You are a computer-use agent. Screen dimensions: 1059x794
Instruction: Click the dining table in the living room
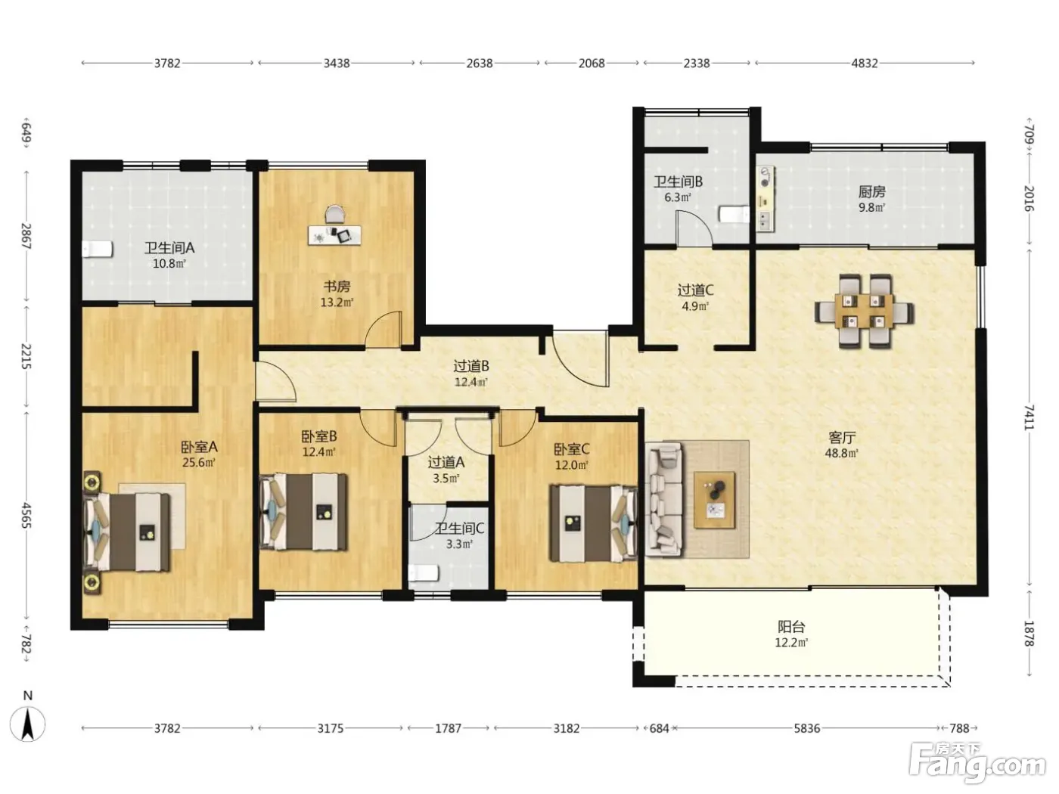864,311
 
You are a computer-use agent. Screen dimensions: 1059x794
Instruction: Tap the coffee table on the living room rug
715,500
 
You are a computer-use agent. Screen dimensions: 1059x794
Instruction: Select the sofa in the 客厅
665,500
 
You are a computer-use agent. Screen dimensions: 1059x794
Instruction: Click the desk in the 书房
334,234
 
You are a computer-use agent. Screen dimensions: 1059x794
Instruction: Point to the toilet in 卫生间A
98,250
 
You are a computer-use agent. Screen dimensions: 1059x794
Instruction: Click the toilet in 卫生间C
423,574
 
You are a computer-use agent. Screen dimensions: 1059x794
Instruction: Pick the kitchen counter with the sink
766,199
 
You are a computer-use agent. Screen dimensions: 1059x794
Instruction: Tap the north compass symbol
27,724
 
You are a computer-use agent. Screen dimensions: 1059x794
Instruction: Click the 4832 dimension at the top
865,64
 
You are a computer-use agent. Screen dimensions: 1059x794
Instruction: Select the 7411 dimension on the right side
1029,417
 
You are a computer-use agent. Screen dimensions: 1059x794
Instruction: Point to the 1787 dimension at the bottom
449,728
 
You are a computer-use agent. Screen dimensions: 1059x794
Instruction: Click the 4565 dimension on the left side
26,516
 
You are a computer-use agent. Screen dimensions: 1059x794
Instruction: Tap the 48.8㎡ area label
842,453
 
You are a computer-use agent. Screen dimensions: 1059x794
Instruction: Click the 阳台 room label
791,627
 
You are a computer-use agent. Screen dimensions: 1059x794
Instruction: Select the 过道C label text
695,290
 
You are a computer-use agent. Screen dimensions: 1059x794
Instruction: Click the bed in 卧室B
303,512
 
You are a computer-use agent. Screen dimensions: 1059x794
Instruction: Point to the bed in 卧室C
594,523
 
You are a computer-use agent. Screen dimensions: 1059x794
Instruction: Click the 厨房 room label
872,192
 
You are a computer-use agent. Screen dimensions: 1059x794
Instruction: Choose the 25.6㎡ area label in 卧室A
199,463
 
